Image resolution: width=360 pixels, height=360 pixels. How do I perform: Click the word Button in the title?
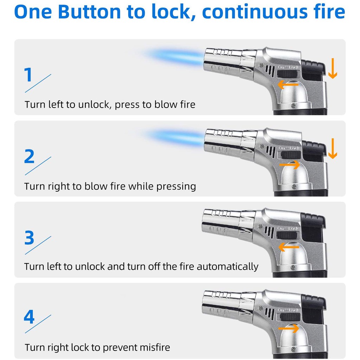click(89, 12)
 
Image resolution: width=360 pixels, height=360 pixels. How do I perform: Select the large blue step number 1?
click(28, 75)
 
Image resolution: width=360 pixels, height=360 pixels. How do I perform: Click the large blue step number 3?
click(29, 238)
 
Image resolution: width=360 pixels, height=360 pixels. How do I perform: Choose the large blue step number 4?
click(29, 317)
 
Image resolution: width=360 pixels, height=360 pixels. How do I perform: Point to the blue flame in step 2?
click(174, 137)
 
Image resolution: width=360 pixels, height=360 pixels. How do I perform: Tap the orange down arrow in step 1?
click(333, 68)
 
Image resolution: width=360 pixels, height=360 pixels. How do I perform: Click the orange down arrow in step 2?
click(333, 148)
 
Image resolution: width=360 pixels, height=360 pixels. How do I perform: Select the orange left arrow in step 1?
click(288, 84)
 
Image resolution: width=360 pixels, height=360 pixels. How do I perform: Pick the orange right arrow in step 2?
click(289, 165)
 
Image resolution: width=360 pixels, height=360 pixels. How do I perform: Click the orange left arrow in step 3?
click(289, 247)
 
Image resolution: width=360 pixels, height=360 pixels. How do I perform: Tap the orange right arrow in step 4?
click(288, 328)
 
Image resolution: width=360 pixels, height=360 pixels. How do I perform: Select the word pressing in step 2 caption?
click(176, 186)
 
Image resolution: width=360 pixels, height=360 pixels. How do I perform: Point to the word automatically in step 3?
click(227, 266)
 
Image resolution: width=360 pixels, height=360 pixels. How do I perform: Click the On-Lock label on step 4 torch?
click(288, 310)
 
